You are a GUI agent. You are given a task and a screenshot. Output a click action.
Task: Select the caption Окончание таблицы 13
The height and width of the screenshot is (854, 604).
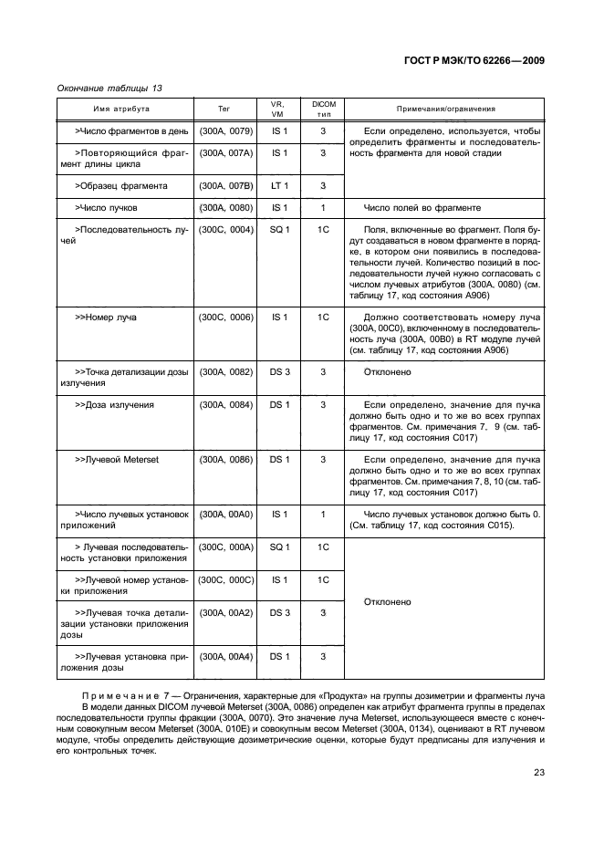tap(109, 88)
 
